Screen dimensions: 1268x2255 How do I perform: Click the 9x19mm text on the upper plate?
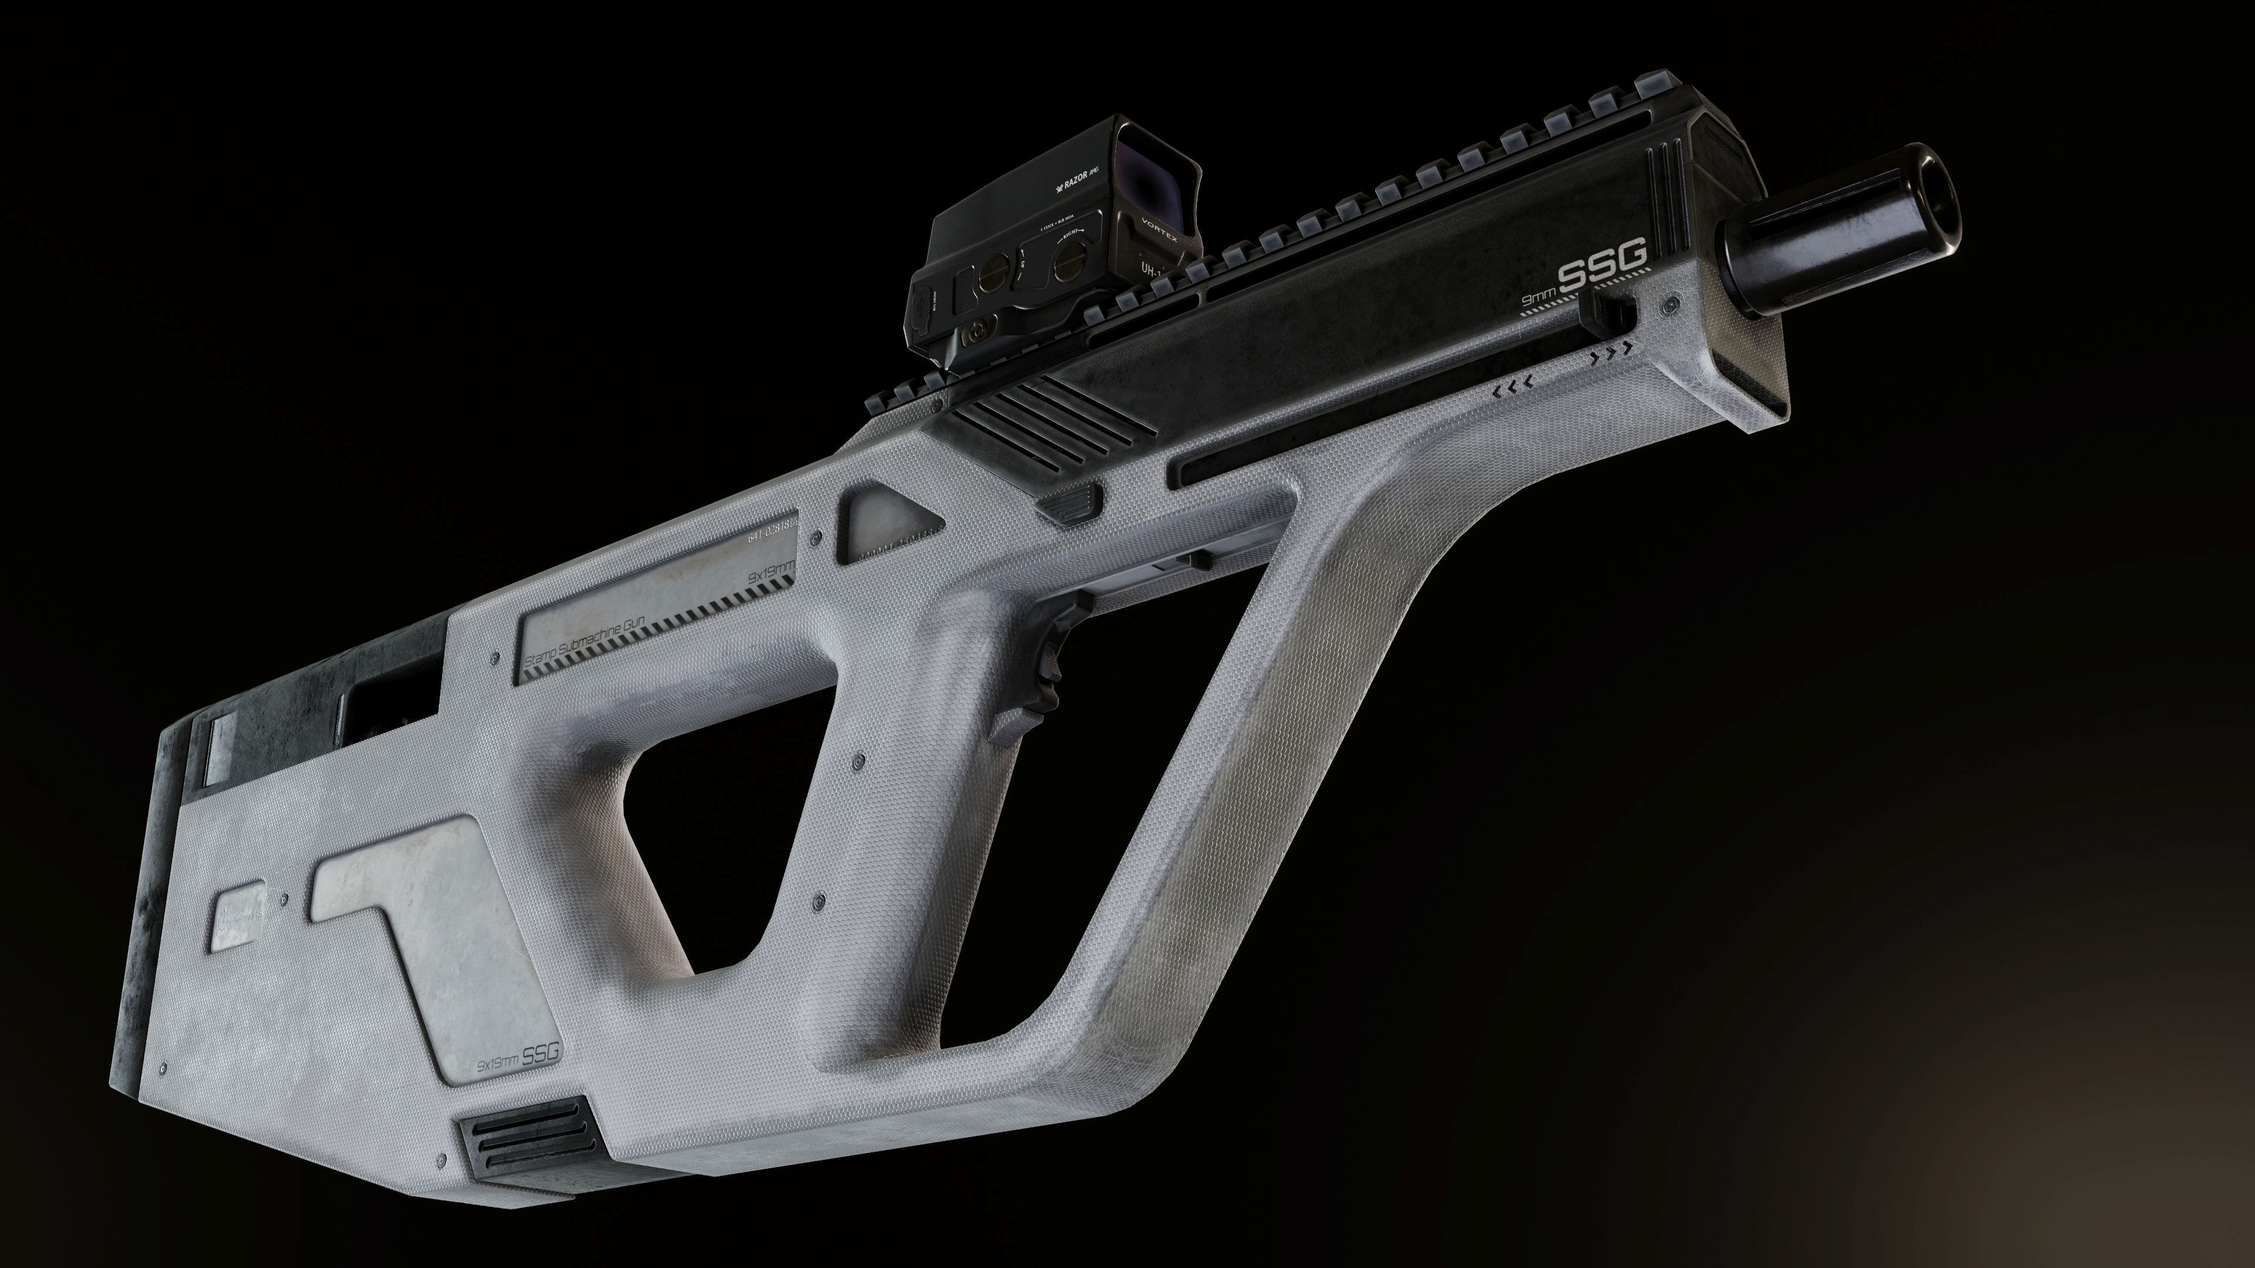point(770,571)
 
